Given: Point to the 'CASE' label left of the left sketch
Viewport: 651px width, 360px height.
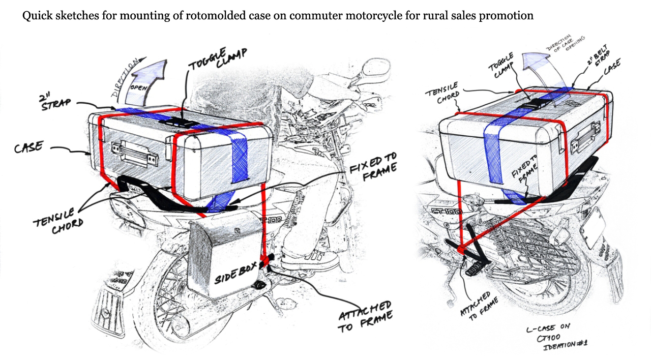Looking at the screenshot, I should (x=29, y=148).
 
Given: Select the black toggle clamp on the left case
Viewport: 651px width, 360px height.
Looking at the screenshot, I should (x=173, y=122).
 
